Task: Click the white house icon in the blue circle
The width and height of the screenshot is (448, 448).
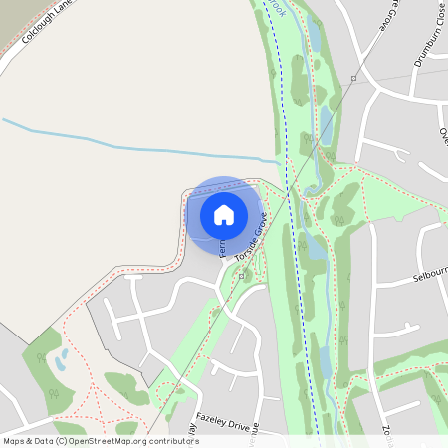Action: (224, 214)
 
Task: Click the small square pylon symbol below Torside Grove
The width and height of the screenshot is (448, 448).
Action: (242, 270)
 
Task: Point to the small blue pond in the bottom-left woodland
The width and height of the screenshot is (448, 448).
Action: (62, 358)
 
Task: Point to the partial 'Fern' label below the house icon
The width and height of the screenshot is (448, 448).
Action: (222, 243)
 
